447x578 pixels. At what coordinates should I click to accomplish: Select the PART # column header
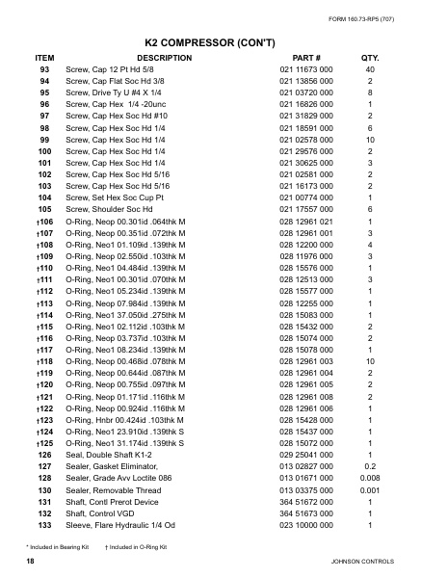(306, 58)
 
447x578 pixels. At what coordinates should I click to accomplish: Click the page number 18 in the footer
(31, 560)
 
